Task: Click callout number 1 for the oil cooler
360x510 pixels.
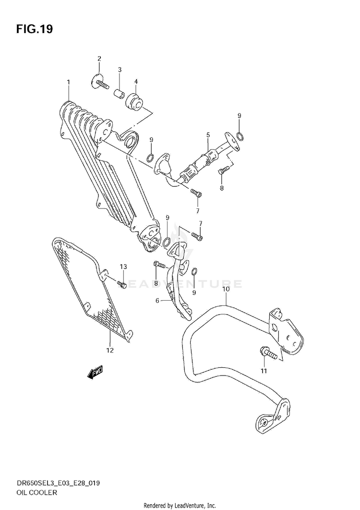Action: (68, 83)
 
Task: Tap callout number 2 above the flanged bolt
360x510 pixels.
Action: (99, 59)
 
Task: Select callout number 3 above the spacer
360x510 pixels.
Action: (120, 70)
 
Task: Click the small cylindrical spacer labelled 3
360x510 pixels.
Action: (120, 92)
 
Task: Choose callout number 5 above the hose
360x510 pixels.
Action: (208, 135)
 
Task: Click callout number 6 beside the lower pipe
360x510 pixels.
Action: (157, 301)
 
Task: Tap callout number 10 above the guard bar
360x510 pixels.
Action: (225, 289)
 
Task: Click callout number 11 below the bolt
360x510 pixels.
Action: (263, 371)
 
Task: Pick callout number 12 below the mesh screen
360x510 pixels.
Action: (110, 350)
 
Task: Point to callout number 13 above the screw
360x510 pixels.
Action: (123, 267)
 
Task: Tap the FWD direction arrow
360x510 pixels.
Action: (96, 373)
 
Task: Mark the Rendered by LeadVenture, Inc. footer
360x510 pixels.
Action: (180, 506)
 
